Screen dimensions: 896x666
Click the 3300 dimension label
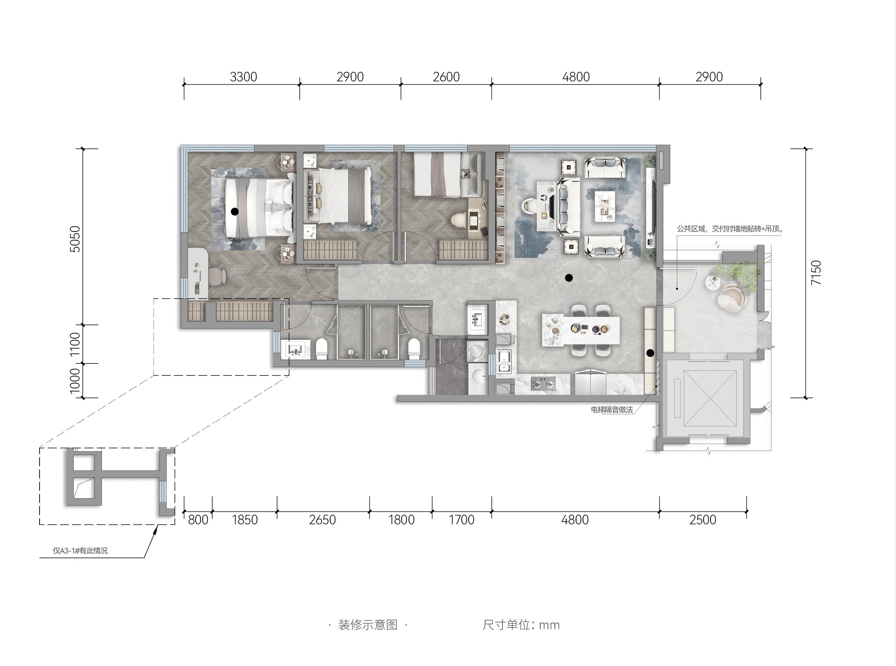pos(243,77)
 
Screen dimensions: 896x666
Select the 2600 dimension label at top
pos(446,77)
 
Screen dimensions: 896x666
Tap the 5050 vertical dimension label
pos(75,239)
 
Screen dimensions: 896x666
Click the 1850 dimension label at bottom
pos(245,520)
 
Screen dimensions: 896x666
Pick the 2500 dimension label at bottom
pos(703,520)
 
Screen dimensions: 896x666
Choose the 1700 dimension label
pos(462,520)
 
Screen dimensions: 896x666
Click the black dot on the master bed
pos(235,211)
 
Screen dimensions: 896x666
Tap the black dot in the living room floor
pos(569,277)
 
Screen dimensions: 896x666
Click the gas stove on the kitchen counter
pos(543,384)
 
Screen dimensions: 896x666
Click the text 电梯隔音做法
pos(612,410)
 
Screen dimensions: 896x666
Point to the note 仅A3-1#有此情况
pos(80,551)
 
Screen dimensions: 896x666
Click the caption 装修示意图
pos(368,625)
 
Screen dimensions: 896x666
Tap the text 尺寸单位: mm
pos(521,625)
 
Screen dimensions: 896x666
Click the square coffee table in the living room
pos(605,206)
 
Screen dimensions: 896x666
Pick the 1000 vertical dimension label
pos(75,381)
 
